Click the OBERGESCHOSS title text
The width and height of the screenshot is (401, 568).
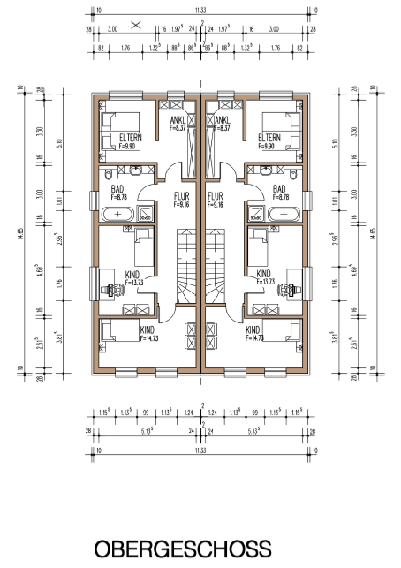click(183, 549)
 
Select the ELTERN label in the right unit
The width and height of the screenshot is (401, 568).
click(269, 138)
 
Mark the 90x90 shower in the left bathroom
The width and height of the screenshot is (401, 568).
click(146, 214)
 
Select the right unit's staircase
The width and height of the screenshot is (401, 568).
click(214, 265)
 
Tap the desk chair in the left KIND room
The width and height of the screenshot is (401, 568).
click(111, 288)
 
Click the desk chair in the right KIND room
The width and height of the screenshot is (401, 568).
click(291, 288)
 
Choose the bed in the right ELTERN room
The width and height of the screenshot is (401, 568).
click(282, 123)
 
